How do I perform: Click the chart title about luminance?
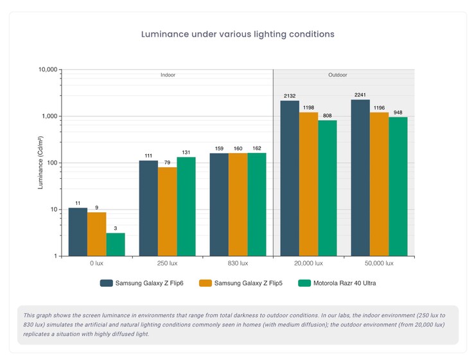tap(238, 33)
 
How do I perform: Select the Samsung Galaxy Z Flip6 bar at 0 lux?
tap(78, 231)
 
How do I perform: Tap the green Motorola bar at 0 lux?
tap(116, 244)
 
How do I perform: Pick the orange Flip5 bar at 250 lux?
tap(167, 212)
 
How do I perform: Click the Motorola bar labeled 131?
tap(186, 206)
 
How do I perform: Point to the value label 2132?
tap(290, 96)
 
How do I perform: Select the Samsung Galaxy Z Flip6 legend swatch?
tap(106, 283)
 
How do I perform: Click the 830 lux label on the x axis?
tap(238, 264)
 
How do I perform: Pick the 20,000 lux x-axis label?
tap(308, 264)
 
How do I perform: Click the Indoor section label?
tap(168, 75)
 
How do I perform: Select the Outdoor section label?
tap(338, 75)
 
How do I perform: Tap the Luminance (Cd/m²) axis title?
tap(40, 163)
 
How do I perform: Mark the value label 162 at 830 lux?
tap(257, 148)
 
